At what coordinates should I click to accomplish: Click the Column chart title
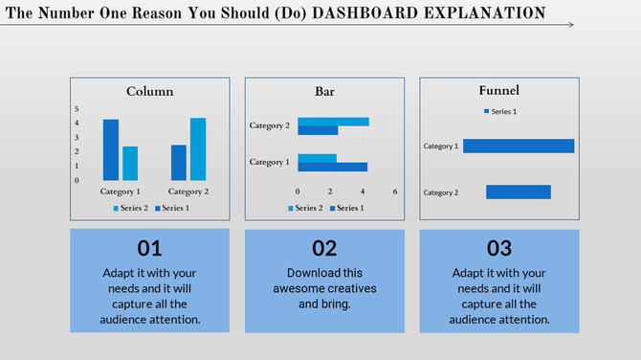[150, 92]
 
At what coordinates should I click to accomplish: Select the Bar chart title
[325, 92]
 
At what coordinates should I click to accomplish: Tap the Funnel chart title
[499, 91]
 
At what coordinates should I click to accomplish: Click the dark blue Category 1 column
[111, 150]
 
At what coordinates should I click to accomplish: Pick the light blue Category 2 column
[198, 149]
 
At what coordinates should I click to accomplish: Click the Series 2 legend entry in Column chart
[131, 208]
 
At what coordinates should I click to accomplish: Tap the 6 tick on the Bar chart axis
[395, 191]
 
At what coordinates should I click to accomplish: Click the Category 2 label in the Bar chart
[270, 125]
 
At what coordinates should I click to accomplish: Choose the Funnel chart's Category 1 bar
[519, 146]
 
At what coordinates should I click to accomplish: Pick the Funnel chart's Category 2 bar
[519, 192]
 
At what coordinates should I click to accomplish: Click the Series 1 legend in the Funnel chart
[501, 112]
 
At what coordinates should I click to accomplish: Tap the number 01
[150, 249]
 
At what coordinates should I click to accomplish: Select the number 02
[324, 249]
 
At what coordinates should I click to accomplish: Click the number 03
[499, 249]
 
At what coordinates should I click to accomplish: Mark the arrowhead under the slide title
[570, 25]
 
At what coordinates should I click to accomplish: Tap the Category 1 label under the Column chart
[121, 191]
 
